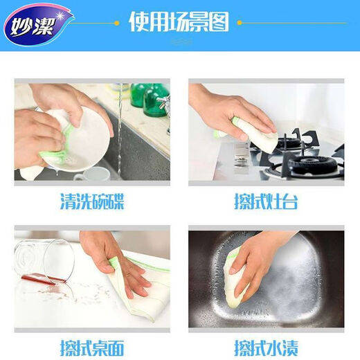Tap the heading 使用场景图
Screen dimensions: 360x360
[179, 22]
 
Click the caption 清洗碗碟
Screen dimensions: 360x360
[92, 202]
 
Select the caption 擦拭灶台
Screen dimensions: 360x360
[267, 202]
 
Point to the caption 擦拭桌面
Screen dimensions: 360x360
[92, 345]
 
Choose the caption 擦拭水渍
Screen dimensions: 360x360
[267, 345]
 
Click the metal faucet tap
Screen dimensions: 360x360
[164, 107]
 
